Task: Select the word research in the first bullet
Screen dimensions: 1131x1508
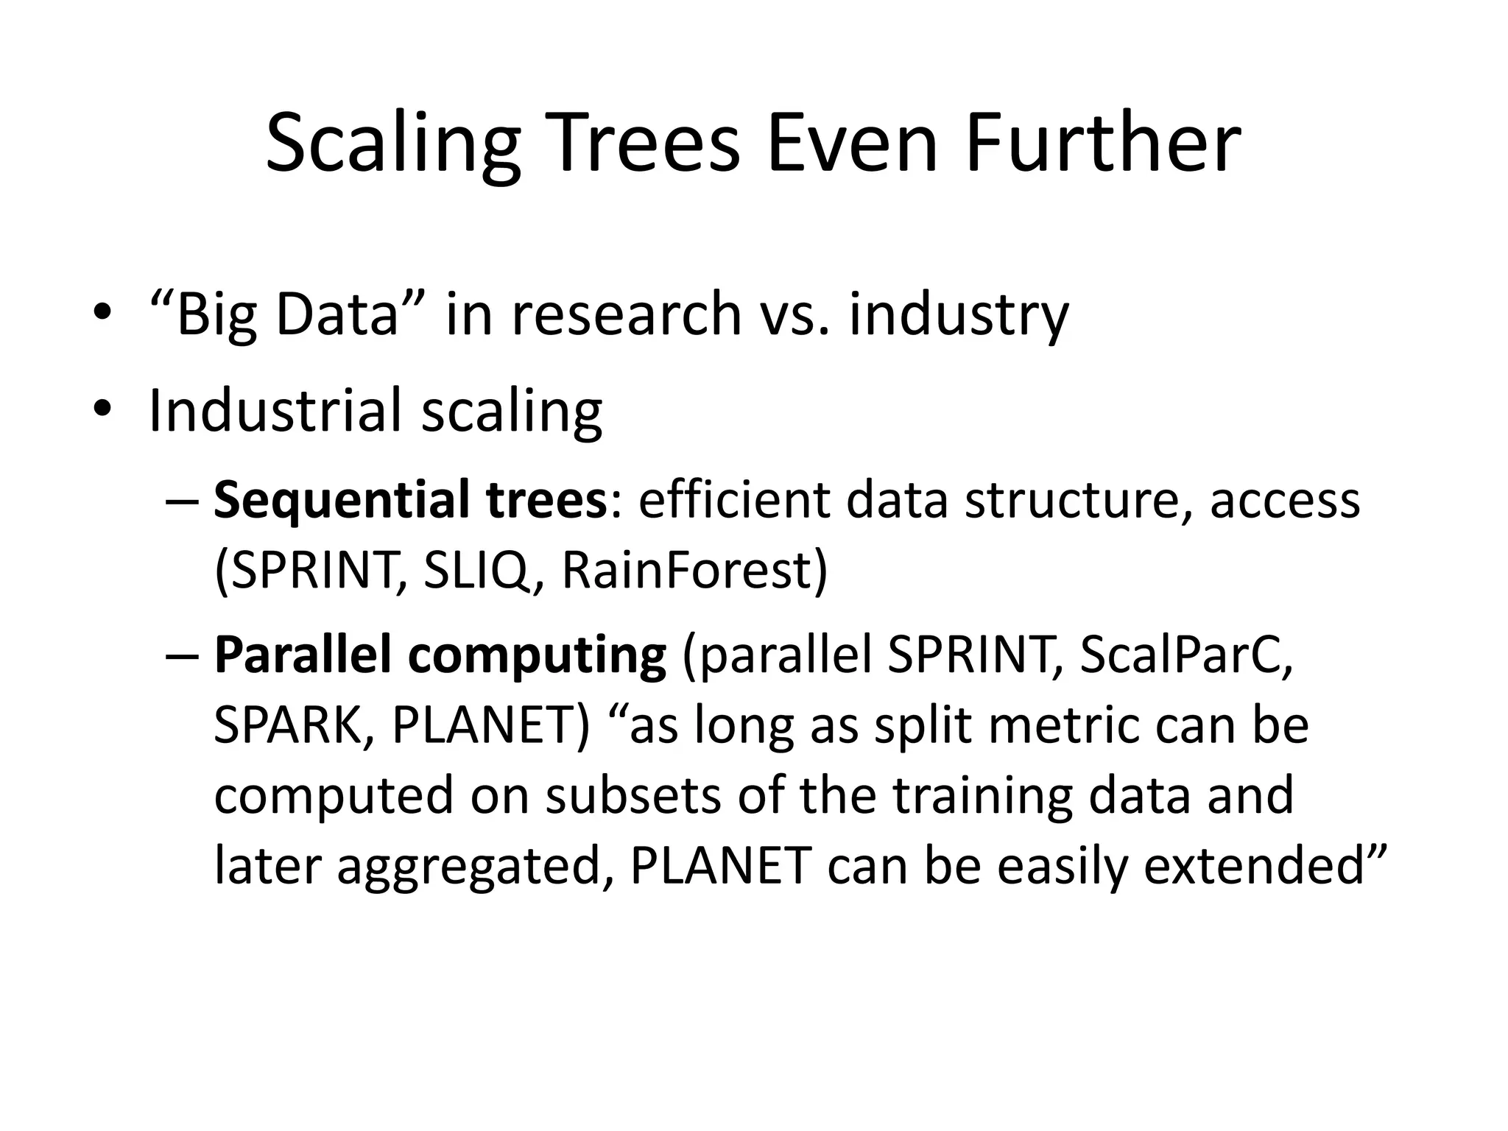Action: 626,313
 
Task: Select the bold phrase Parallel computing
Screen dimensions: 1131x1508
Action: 440,655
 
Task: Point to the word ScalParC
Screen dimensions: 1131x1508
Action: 1185,655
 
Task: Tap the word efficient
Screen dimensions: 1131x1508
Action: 733,499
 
